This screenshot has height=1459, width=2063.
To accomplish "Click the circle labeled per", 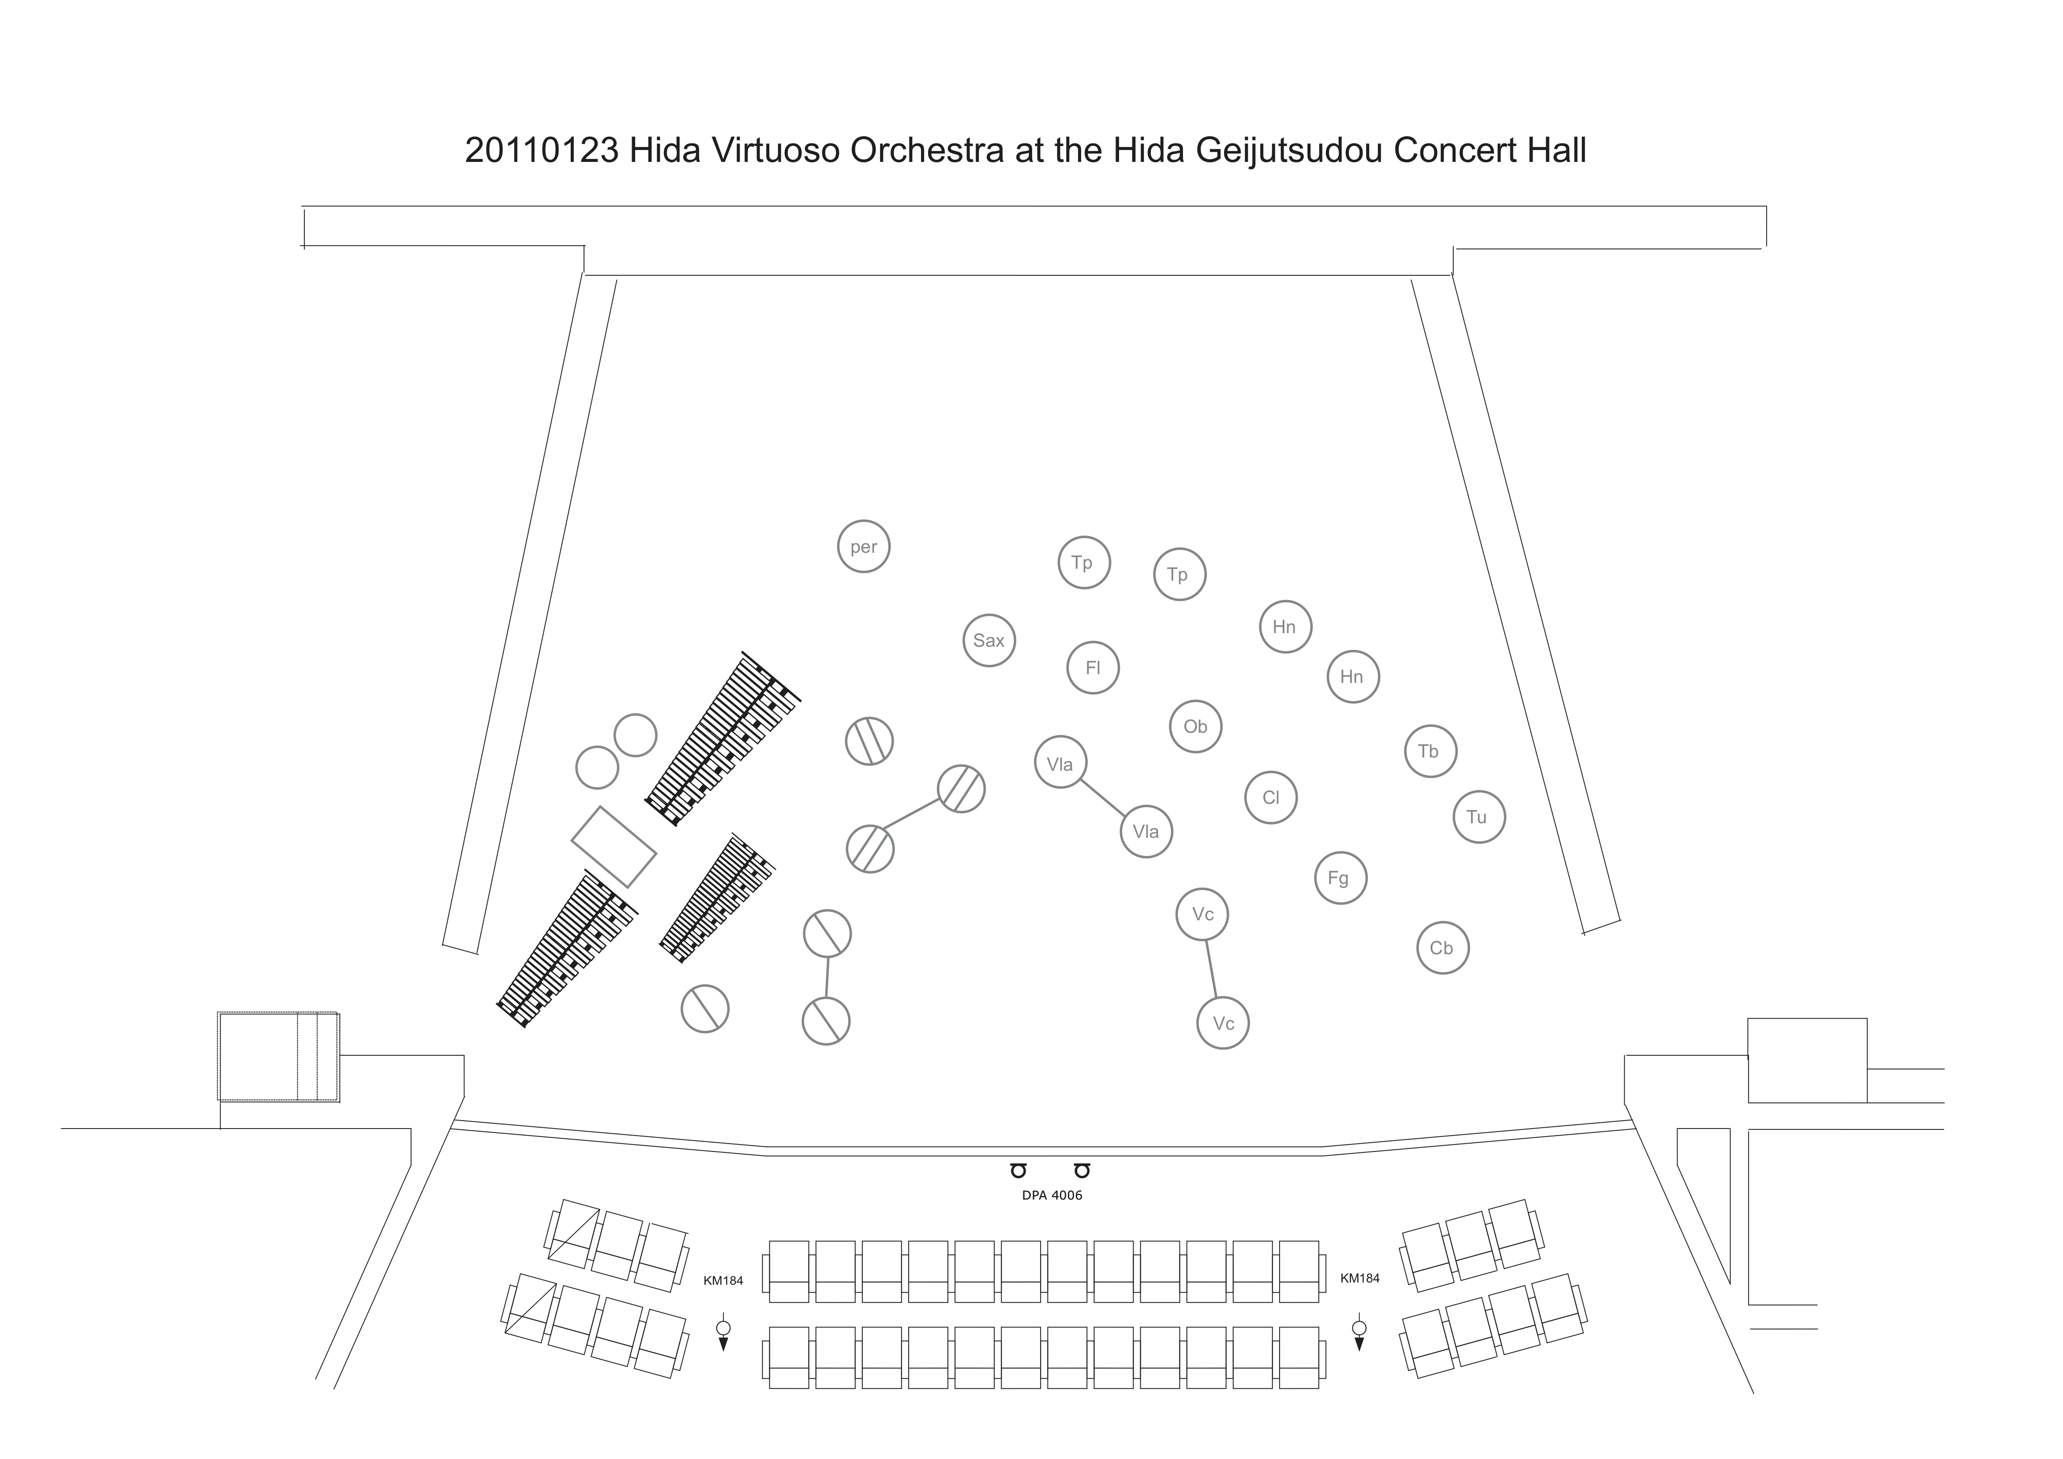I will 864,547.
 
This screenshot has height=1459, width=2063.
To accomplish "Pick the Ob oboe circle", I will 1195,726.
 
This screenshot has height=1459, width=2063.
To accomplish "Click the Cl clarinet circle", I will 1270,797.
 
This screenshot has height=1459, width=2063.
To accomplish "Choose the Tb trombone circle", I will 1430,750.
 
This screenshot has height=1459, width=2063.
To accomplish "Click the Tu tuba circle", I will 1478,816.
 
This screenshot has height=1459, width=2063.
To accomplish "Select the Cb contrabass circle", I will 1442,948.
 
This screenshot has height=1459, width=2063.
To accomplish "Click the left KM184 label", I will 723,1281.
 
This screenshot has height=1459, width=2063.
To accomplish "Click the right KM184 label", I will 1359,1278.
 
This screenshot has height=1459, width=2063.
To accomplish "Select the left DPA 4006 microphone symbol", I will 1018,1170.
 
